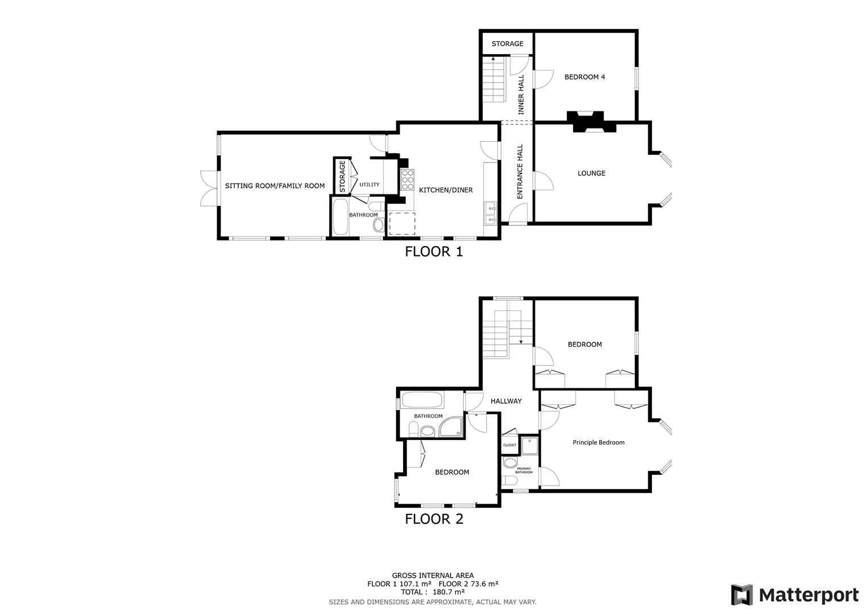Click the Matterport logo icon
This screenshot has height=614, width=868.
741,595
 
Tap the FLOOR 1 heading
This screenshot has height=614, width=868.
434,251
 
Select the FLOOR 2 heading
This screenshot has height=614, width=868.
434,518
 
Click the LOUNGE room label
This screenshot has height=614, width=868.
591,173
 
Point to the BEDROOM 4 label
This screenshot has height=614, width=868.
584,77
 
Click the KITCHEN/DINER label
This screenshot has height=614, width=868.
446,190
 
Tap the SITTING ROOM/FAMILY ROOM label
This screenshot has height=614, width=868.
275,186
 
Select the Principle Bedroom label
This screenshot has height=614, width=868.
598,442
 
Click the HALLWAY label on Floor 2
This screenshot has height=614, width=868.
506,401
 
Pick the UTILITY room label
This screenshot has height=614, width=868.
369,185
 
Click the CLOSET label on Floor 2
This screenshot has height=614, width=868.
509,445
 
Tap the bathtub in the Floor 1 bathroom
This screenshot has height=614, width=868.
340,217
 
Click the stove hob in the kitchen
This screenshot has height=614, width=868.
407,180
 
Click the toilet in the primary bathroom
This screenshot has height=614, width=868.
510,463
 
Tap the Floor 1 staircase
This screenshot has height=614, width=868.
493,80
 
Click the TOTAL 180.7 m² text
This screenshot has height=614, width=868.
433,592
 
